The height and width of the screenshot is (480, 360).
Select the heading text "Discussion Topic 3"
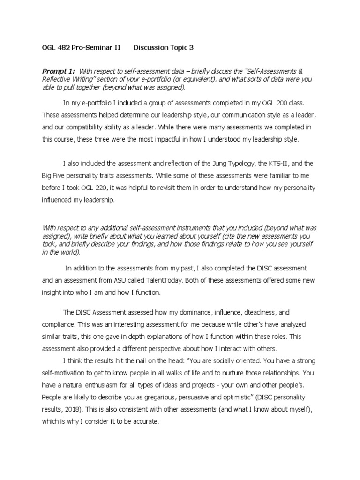163,47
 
